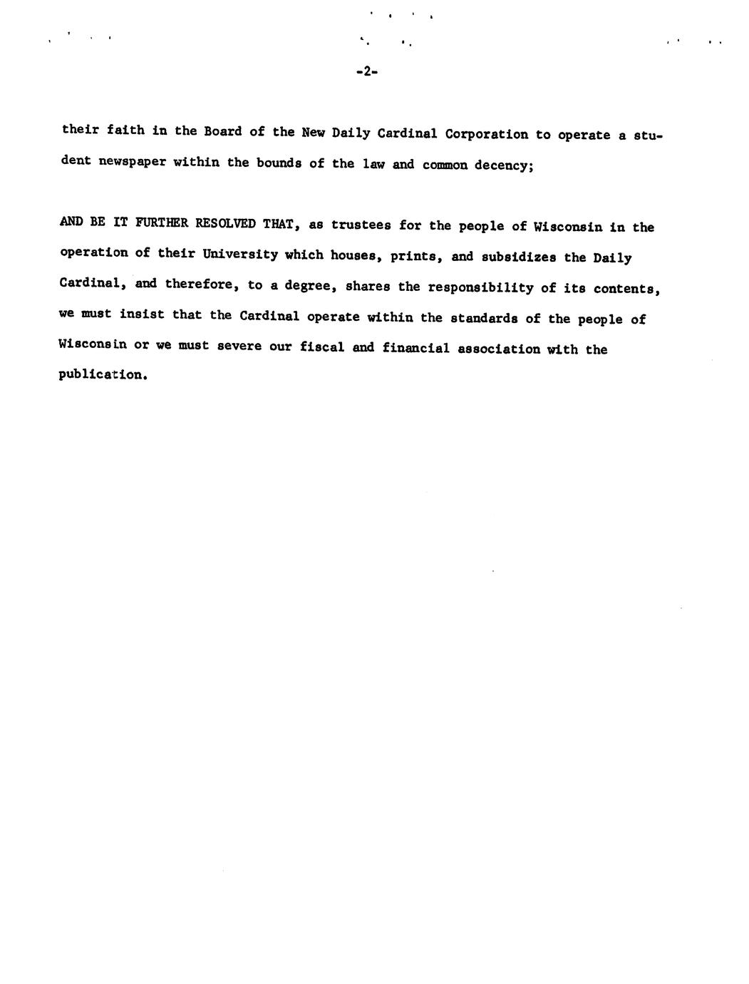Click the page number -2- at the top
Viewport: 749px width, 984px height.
pos(366,71)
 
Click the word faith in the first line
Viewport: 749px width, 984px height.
pos(126,130)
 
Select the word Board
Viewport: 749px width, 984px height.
pos(223,132)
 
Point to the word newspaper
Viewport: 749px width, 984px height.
pos(132,161)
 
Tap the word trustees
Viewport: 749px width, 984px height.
pos(361,225)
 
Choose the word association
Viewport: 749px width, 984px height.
pos(495,349)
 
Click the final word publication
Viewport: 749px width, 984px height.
pos(103,375)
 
